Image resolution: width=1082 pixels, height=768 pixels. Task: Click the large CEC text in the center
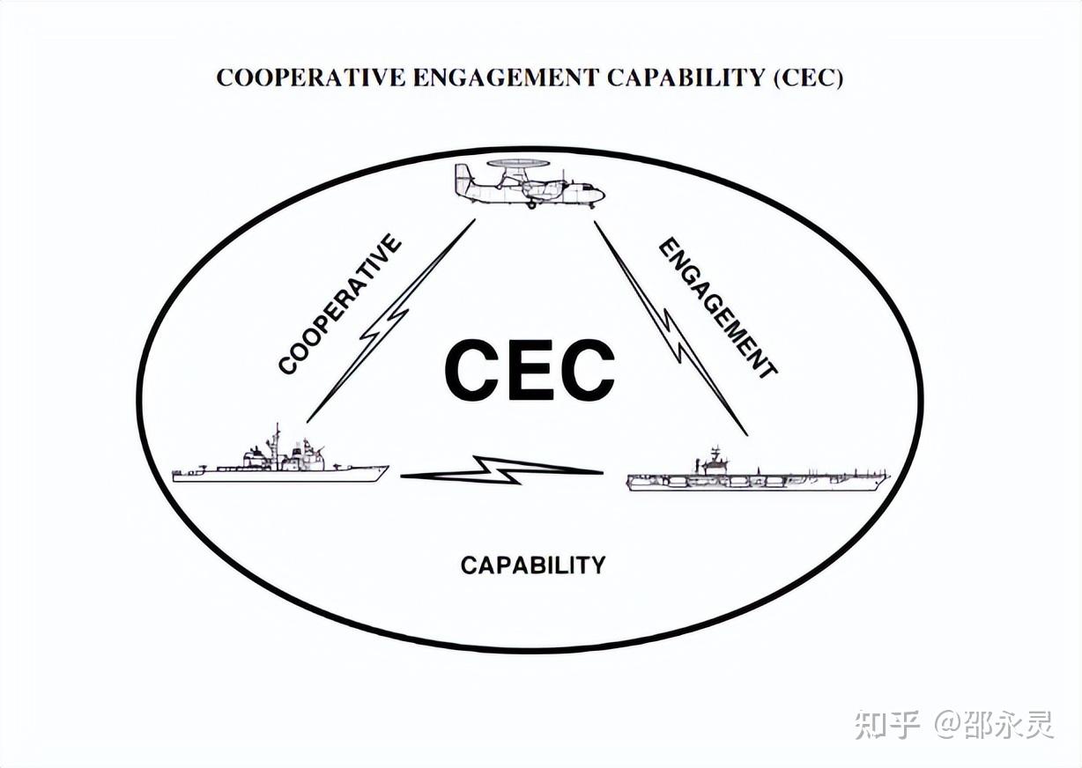tap(529, 370)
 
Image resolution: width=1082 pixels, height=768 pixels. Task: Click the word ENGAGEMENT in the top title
tap(506, 78)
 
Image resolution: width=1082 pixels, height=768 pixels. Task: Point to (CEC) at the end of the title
tap(809, 78)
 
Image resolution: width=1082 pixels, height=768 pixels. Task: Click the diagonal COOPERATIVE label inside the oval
tap(340, 305)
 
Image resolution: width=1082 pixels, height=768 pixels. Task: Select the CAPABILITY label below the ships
tap(533, 565)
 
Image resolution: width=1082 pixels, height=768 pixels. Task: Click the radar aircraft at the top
tap(530, 184)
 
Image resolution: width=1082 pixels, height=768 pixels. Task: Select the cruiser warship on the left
tap(280, 462)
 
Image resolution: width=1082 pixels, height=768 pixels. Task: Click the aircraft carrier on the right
tap(758, 476)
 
